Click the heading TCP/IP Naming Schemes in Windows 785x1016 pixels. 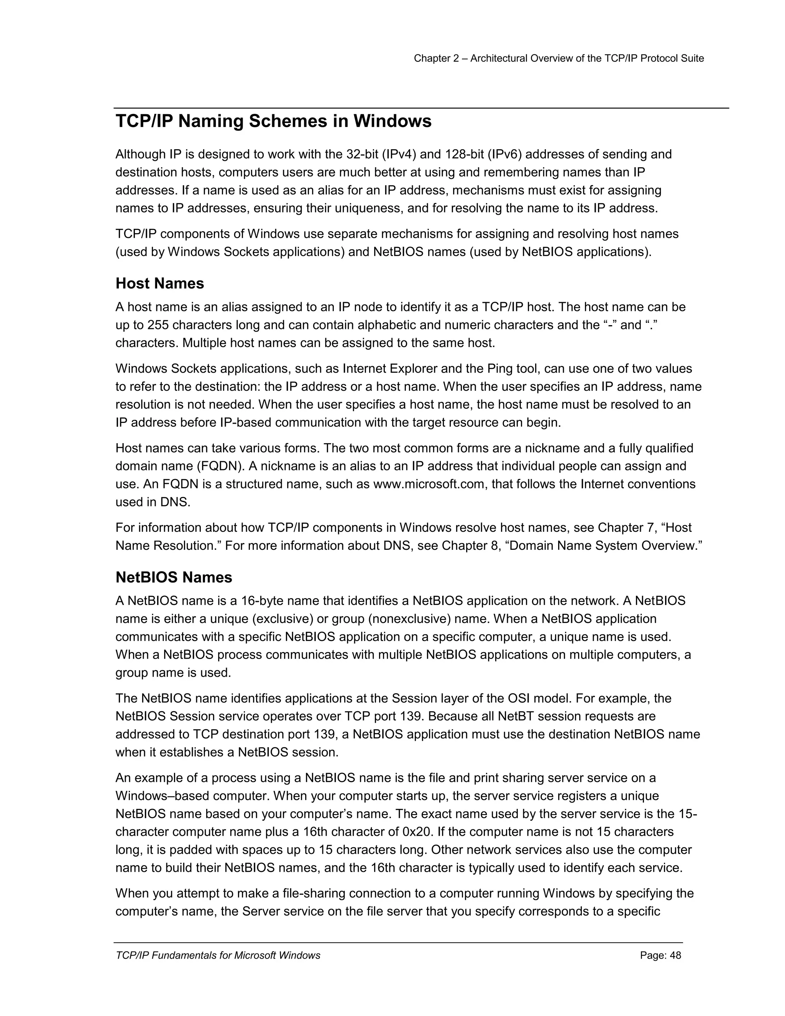[273, 122]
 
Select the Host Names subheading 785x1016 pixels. [159, 283]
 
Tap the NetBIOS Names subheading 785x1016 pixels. [174, 577]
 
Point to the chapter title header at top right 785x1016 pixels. [558, 58]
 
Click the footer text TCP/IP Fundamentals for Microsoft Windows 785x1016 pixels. [218, 955]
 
